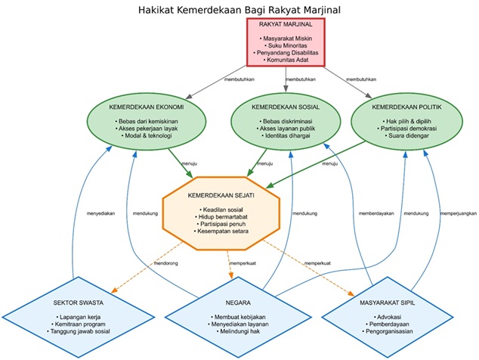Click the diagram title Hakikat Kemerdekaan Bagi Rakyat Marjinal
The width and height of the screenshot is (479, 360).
[x=239, y=10]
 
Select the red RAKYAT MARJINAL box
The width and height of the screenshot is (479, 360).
[x=286, y=41]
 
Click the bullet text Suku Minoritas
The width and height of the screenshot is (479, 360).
[x=286, y=45]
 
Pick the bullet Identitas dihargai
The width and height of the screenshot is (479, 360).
[x=286, y=137]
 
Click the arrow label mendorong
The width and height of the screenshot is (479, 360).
[x=167, y=263]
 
